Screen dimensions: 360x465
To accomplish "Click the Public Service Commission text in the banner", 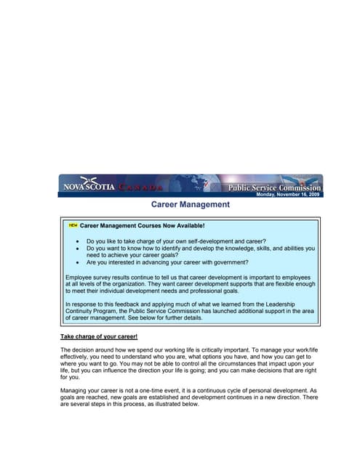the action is coord(274,187).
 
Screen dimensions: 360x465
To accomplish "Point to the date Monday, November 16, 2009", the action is coord(288,195).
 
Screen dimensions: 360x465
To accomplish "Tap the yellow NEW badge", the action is coord(73,225).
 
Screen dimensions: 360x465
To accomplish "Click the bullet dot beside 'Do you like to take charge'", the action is coord(78,240).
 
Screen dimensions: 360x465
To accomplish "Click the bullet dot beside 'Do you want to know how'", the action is coord(78,248).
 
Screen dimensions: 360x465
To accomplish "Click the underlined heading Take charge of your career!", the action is coord(99,337).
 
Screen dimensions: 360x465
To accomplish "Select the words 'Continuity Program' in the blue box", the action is coord(95,310).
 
